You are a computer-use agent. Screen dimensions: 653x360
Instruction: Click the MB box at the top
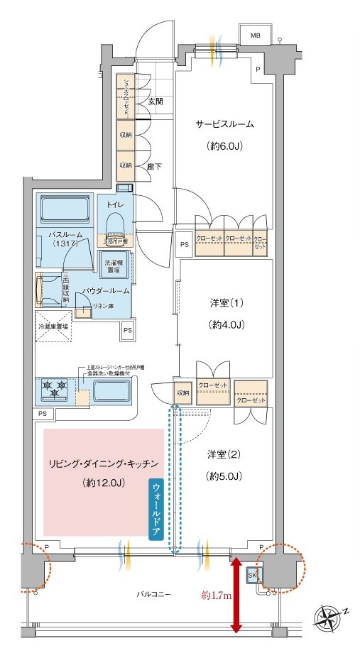(254, 35)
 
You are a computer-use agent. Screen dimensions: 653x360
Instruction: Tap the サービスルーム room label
(225, 124)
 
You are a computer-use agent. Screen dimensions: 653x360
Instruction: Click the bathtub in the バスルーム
(63, 210)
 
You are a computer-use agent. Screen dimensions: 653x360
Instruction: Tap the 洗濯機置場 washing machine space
(114, 265)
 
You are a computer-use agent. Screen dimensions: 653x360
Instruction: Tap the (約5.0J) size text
(225, 476)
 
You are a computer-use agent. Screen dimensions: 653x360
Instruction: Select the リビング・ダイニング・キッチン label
(104, 462)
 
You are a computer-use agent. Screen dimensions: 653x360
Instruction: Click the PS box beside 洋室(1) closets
(184, 246)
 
